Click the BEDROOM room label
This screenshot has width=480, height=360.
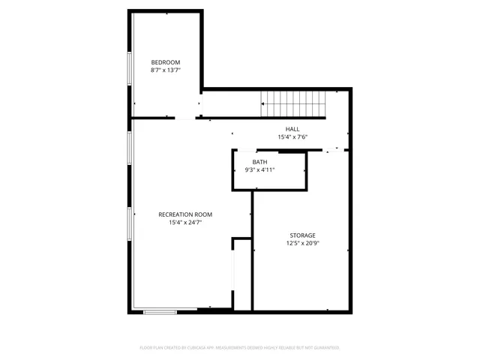pyautogui.click(x=166, y=62)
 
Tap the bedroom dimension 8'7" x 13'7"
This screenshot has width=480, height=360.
pyautogui.click(x=166, y=70)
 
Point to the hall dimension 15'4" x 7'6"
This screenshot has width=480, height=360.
pyautogui.click(x=292, y=137)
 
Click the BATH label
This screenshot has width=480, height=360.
pyautogui.click(x=259, y=162)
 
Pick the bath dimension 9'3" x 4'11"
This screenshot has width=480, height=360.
pyautogui.click(x=260, y=170)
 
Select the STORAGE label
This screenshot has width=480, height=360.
pyautogui.click(x=301, y=235)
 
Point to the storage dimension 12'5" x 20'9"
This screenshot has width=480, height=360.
pyautogui.click(x=301, y=244)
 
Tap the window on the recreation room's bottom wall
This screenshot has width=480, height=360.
pyautogui.click(x=160, y=311)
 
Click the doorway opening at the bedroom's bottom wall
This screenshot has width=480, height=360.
pyautogui.click(x=184, y=118)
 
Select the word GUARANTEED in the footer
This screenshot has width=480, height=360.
pyautogui.click(x=325, y=348)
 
